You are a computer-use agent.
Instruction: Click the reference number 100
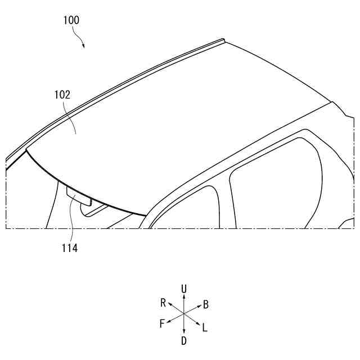point(71,20)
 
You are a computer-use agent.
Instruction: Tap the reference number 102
point(62,94)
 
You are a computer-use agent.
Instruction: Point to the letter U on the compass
point(184,289)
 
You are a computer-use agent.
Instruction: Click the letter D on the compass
point(184,340)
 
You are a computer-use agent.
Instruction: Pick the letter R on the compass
point(163,303)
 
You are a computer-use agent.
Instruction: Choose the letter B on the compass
point(206,305)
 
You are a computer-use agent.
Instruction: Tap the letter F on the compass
point(162,323)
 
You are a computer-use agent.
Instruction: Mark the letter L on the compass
point(205,327)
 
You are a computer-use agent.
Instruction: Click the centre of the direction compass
point(184,314)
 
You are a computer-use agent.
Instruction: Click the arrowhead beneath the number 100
point(83,46)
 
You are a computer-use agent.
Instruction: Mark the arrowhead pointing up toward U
point(184,297)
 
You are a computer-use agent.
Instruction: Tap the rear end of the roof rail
point(223,40)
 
